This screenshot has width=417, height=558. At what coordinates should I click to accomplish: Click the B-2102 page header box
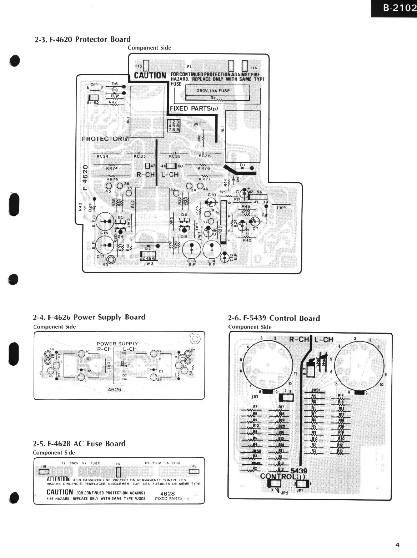tap(394, 8)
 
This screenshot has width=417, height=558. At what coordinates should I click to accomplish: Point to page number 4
tap(397, 545)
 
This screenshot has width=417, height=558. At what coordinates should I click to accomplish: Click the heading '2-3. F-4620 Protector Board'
tap(82, 39)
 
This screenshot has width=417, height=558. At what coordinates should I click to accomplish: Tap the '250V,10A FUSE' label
tap(213, 91)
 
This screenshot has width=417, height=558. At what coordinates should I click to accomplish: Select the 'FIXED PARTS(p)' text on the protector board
tap(194, 108)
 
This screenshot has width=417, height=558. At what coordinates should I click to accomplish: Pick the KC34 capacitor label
tap(102, 156)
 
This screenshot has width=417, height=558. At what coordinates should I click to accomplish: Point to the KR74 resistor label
tap(112, 168)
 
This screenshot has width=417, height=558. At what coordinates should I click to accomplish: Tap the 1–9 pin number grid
tap(174, 126)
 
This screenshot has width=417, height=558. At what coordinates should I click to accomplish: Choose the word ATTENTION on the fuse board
tap(58, 479)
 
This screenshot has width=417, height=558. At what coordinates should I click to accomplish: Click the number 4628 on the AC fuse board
tap(167, 493)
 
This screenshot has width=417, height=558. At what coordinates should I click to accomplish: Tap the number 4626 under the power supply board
tap(114, 390)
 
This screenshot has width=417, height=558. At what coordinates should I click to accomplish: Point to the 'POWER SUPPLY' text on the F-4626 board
tap(117, 344)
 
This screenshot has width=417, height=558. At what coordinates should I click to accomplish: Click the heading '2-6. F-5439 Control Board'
tap(274, 318)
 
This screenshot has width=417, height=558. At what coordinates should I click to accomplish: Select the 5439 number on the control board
tap(299, 471)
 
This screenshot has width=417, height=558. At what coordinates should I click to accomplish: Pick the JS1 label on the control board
tap(255, 396)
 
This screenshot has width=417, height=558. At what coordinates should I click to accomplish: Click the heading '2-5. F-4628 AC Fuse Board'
tap(79, 444)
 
